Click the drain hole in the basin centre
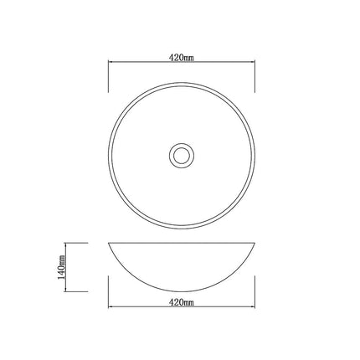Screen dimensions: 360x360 181,155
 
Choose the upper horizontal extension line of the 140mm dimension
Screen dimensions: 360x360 77,242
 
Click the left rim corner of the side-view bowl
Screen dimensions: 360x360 110,243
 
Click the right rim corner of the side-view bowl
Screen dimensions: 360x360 252,243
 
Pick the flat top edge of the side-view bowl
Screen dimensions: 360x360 181,242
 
